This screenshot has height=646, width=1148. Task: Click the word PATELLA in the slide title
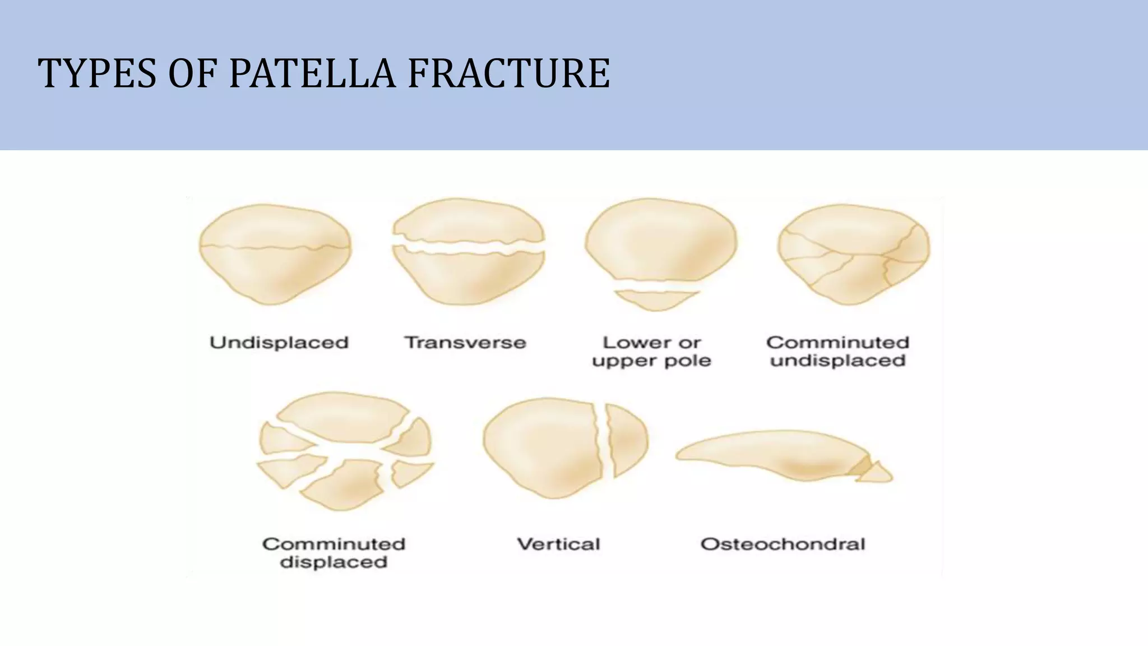[312, 73]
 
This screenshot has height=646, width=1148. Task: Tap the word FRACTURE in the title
[508, 73]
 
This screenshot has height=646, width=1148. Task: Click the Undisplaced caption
[279, 342]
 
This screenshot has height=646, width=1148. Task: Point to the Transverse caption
[465, 342]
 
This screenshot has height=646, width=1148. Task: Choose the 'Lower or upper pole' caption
[651, 351]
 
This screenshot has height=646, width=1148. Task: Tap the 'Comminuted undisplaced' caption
[837, 351]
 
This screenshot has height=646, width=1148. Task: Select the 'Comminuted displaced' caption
[334, 553]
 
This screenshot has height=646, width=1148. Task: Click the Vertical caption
[558, 544]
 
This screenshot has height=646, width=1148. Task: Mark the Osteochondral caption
[783, 544]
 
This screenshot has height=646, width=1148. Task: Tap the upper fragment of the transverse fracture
[468, 222]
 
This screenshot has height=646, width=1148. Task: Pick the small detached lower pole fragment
[656, 299]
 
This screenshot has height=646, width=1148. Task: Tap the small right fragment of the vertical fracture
[627, 440]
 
